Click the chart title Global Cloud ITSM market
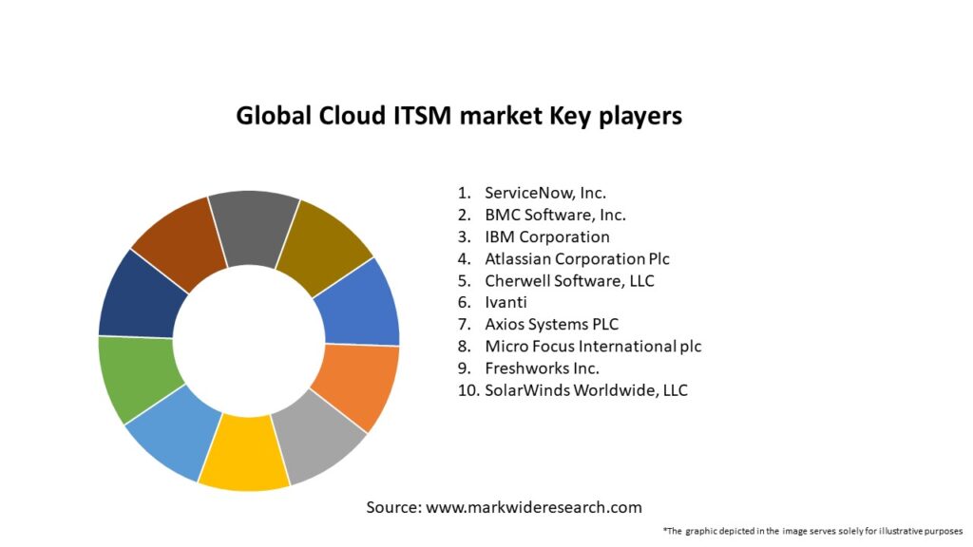pyautogui.click(x=458, y=116)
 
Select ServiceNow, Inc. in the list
pyautogui.click(x=544, y=193)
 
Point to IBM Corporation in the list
pyautogui.click(x=546, y=236)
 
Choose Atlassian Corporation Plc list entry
pyautogui.click(x=578, y=258)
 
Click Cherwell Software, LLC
pyautogui.click(x=569, y=280)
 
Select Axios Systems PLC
pyautogui.click(x=551, y=324)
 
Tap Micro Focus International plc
pyautogui.click(x=593, y=346)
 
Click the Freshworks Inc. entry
pyautogui.click(x=542, y=368)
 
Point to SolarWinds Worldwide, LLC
pyautogui.click(x=585, y=389)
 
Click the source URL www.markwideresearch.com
pyautogui.click(x=533, y=507)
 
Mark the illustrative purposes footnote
pyautogui.click(x=812, y=530)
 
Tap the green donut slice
pyautogui.click(x=137, y=377)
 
